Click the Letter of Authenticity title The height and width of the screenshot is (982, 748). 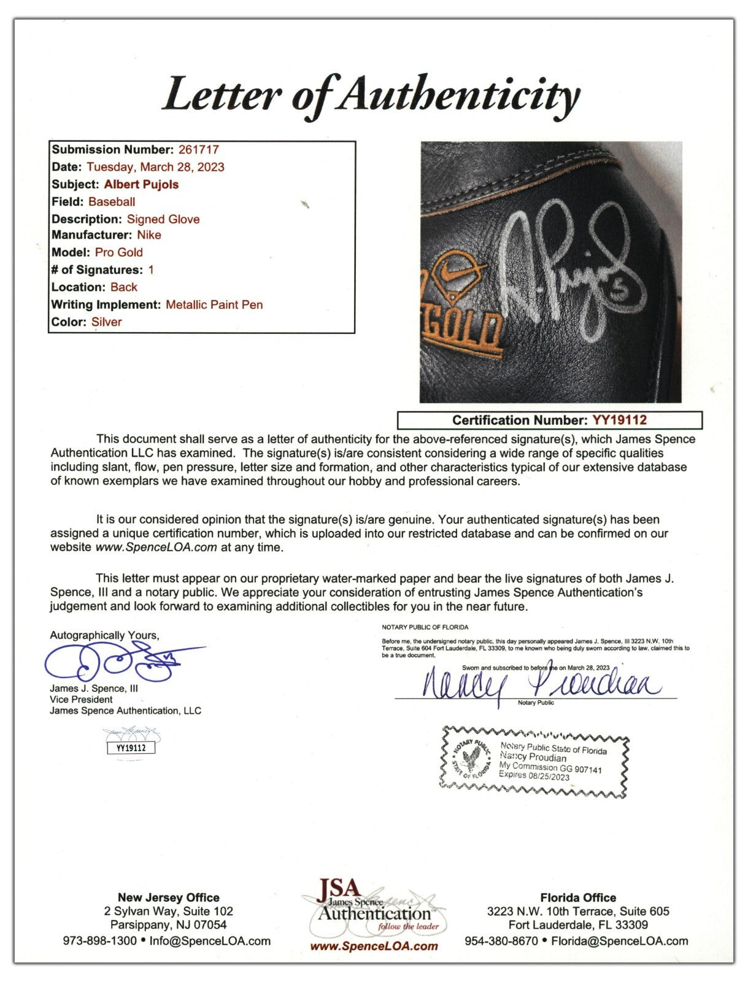pos(371,95)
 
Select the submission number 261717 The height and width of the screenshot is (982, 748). pos(198,150)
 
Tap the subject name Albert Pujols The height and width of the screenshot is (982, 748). pos(141,184)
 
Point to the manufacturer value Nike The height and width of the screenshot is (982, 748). pos(149,235)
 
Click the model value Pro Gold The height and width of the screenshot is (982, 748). pos(118,252)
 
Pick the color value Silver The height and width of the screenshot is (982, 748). pos(107,322)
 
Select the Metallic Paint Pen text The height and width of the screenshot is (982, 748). pos(214,304)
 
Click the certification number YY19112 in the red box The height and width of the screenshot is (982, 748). pos(619,420)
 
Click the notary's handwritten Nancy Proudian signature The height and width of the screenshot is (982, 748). pos(540,682)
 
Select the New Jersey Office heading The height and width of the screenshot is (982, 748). pos(168,897)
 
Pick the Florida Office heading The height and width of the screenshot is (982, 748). pos(578,897)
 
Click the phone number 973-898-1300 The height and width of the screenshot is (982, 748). pos(99,941)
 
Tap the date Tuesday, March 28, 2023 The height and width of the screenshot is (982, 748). pos(155,167)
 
